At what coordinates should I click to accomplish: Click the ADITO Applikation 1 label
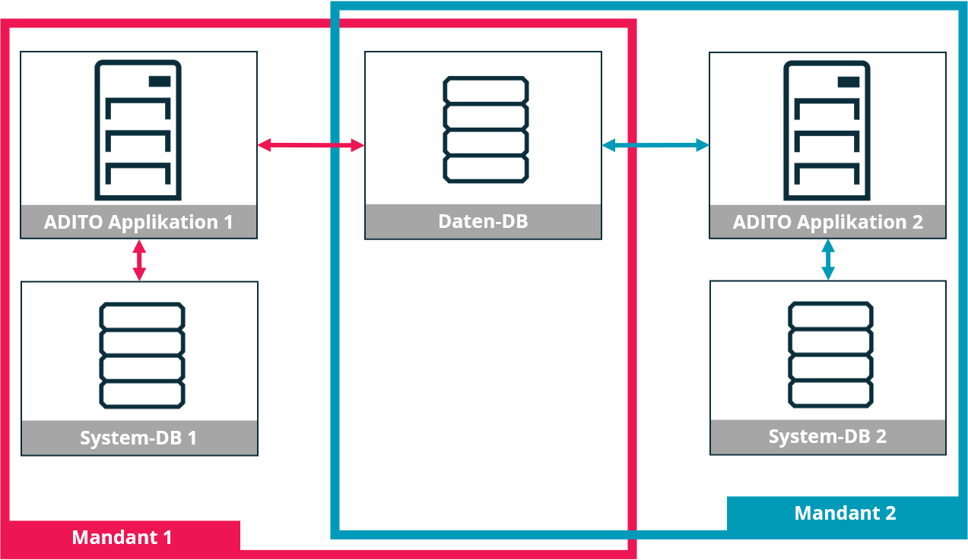[138, 222]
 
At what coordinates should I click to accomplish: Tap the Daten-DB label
[483, 221]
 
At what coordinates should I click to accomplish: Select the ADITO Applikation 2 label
[827, 222]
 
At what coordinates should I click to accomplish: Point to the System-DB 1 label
[138, 438]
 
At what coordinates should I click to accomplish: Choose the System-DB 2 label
[827, 437]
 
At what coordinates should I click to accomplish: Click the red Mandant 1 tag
[122, 537]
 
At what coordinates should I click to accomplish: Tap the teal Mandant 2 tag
[845, 513]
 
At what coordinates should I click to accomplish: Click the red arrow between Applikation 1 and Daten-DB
[310, 145]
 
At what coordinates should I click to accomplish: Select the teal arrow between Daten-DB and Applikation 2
[655, 144]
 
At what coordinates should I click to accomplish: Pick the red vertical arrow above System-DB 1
[138, 260]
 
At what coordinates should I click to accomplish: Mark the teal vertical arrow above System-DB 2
[828, 260]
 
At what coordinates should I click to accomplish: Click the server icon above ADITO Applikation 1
[138, 129]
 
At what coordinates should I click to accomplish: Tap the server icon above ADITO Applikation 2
[827, 129]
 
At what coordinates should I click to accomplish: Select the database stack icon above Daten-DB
[485, 129]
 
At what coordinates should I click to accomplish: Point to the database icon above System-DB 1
[142, 355]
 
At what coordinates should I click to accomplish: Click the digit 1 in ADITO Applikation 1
[227, 222]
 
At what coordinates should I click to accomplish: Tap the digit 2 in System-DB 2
[881, 437]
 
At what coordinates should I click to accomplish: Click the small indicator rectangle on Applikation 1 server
[159, 81]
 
